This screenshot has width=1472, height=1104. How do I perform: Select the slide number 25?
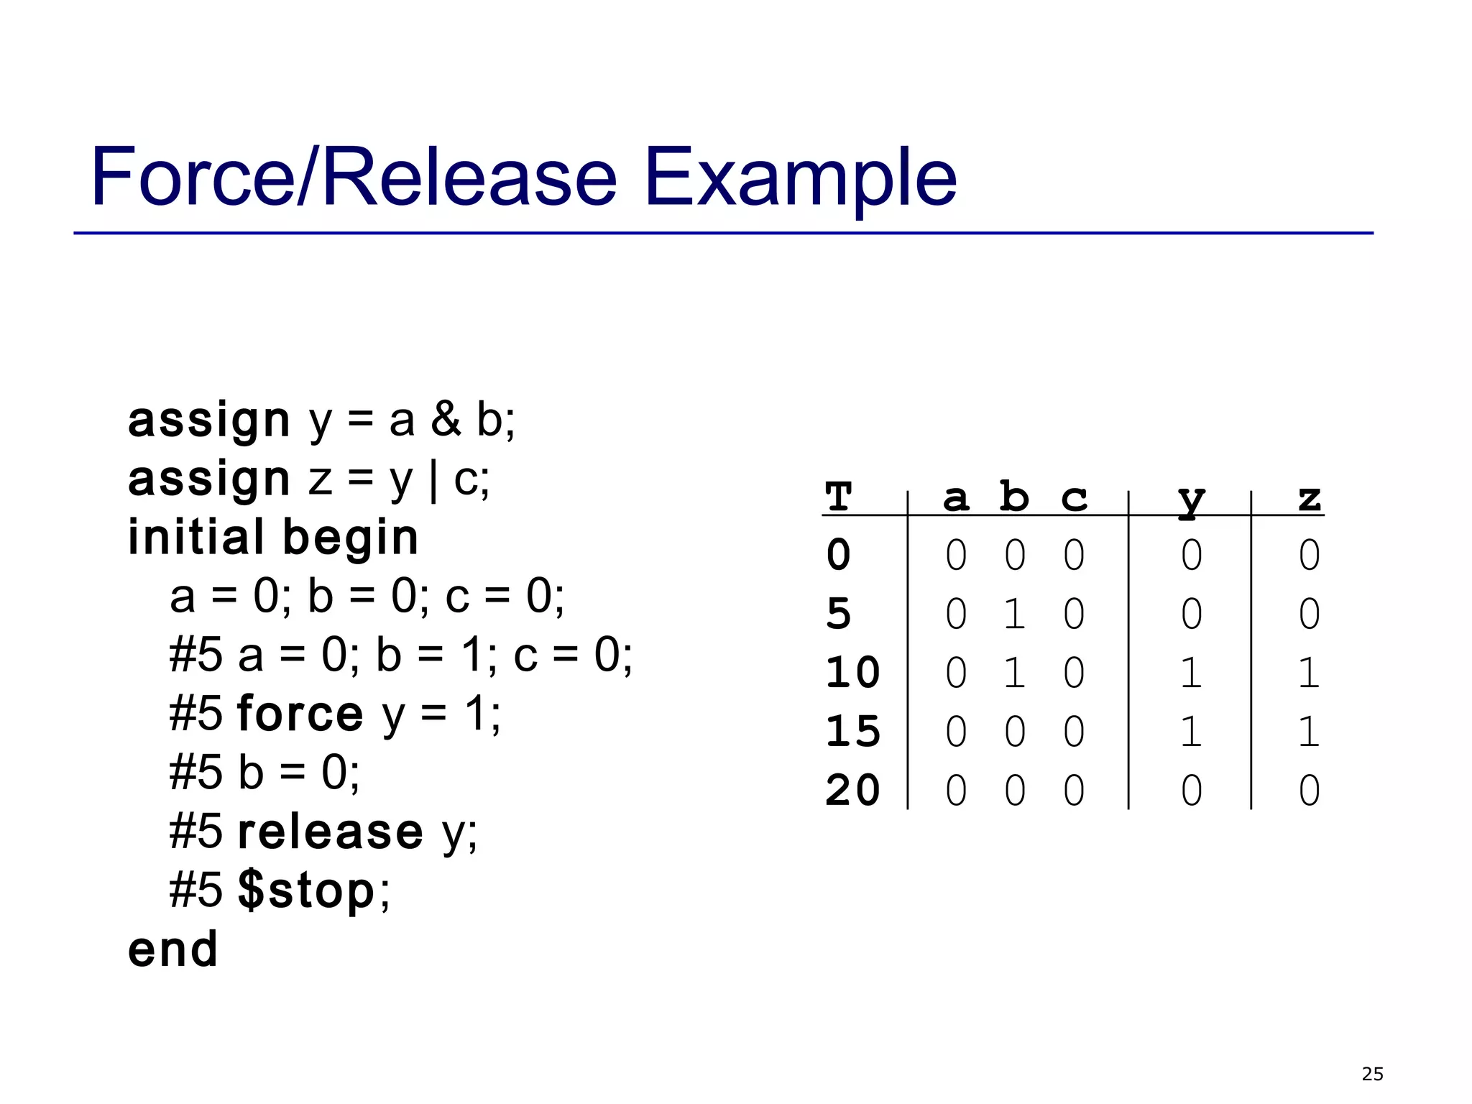click(x=1372, y=1074)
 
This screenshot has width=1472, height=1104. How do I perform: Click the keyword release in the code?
click(x=330, y=832)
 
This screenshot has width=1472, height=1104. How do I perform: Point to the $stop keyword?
click(x=305, y=891)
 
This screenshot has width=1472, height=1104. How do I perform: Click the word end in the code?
click(x=172, y=949)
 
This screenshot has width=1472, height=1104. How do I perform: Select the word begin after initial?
click(x=350, y=538)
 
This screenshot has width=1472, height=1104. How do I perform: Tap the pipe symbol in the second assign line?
click(x=433, y=479)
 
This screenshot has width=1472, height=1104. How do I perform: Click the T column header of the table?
click(x=838, y=497)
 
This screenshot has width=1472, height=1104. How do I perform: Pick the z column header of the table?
click(x=1310, y=497)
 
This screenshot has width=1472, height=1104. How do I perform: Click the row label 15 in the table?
click(x=852, y=732)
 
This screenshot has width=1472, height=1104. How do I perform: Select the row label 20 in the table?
click(x=852, y=791)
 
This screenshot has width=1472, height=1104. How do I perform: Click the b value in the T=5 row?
click(x=1014, y=615)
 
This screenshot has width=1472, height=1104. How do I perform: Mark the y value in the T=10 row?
click(x=1190, y=673)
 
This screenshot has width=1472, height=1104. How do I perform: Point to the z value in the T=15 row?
click(x=1309, y=732)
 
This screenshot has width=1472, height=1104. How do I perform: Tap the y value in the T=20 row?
click(x=1191, y=791)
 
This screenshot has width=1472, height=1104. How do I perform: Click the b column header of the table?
click(x=1014, y=497)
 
